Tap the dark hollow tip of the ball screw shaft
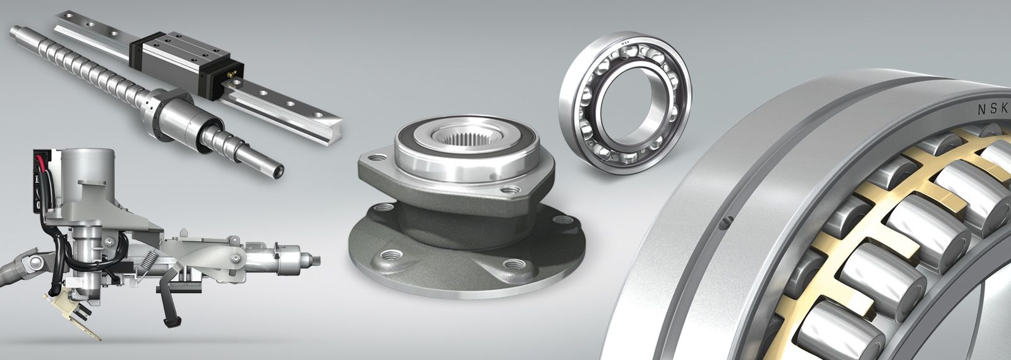click(x=279, y=171)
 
